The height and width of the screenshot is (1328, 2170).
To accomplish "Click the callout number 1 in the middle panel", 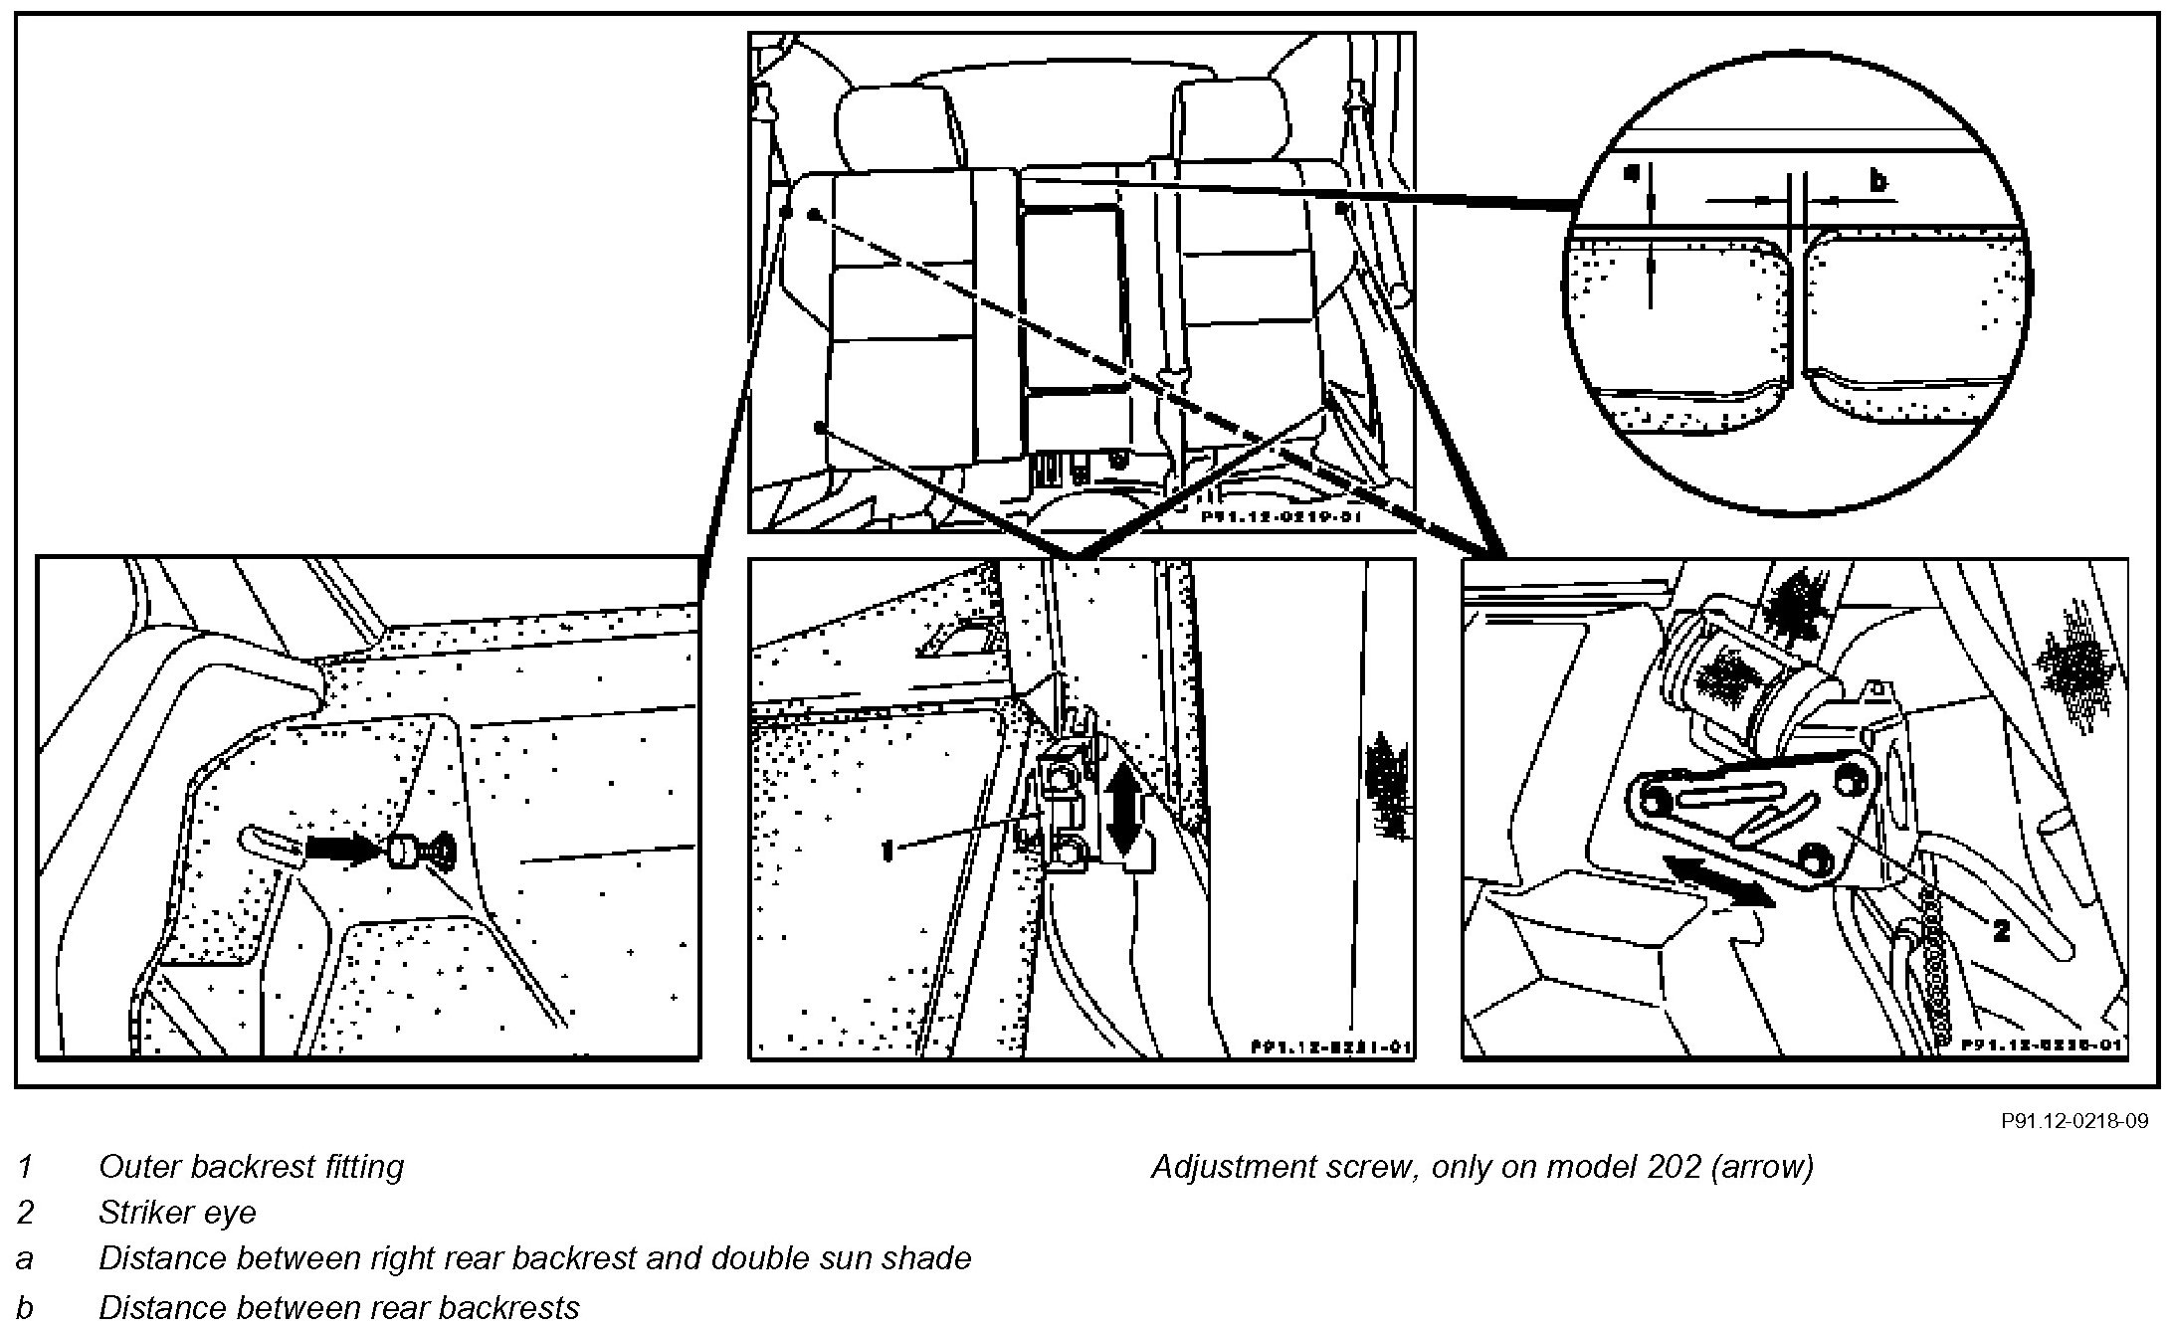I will (888, 850).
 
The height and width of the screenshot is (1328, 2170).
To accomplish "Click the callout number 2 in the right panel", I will (2001, 930).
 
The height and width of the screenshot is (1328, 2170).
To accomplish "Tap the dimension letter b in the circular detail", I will (1877, 181).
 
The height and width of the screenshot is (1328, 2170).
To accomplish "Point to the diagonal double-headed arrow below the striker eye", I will (1718, 882).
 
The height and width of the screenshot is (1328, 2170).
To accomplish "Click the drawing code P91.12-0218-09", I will (2074, 1121).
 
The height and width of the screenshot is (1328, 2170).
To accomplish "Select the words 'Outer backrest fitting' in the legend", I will (251, 1166).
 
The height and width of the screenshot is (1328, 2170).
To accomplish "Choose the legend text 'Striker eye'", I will (177, 1212).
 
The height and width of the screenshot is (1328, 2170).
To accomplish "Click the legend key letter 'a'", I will (25, 1258).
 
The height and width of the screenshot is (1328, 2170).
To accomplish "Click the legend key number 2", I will (25, 1212).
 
